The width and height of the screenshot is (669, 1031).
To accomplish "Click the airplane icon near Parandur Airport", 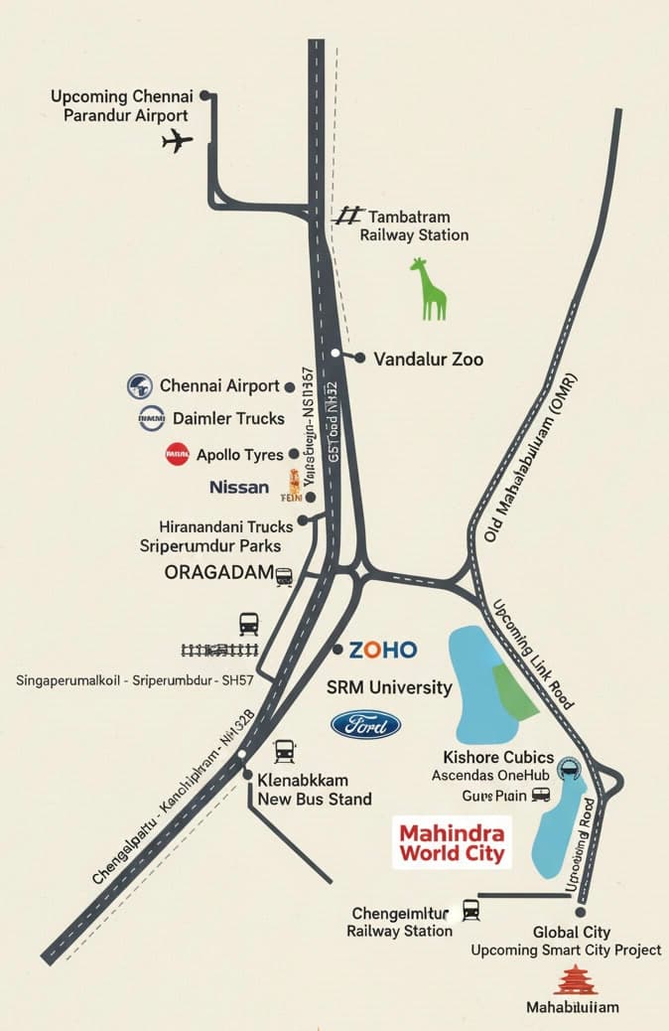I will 177,141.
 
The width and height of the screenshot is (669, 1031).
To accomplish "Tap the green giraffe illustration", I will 431,289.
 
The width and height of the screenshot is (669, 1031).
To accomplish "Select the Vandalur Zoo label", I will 428,359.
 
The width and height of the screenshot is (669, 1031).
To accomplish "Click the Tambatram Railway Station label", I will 413,225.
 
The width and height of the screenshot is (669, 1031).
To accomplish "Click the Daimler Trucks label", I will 228,418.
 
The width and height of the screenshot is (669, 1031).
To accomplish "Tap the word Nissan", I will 239,487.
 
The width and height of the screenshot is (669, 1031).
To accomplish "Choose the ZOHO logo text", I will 382,650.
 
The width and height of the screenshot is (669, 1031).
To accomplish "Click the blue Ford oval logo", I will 365,725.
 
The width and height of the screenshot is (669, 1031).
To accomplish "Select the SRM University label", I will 389,687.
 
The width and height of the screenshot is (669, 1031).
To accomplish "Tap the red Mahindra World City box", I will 452,841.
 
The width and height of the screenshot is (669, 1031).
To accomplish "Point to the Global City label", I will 571,933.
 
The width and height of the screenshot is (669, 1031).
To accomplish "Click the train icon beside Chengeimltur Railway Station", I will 470,909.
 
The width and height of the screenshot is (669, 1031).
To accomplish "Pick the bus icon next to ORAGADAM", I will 284,576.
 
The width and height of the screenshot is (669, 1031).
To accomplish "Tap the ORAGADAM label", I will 218,573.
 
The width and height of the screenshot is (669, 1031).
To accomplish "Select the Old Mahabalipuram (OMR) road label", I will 532,458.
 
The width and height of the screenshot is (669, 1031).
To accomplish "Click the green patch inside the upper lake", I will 514,690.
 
